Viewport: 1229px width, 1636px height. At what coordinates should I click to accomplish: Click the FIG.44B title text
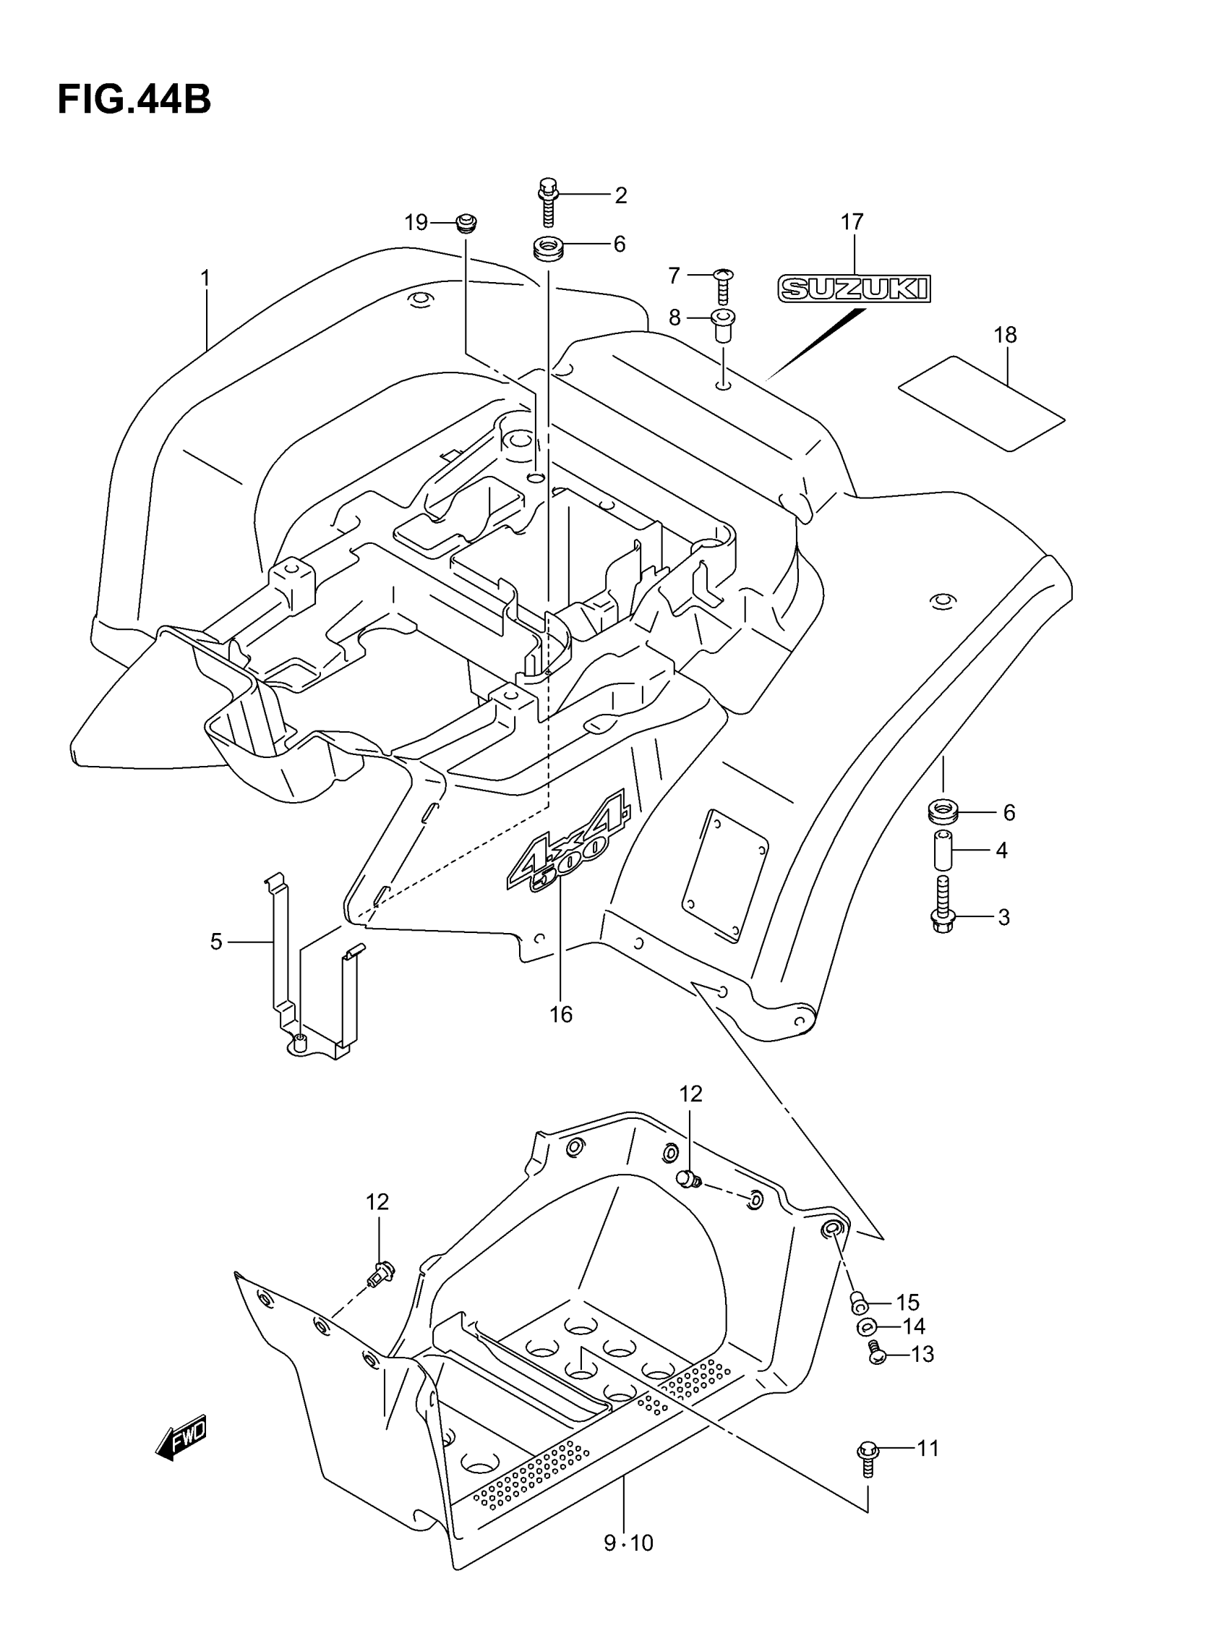pos(134,100)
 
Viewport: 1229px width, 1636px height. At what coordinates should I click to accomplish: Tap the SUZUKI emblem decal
pos(853,289)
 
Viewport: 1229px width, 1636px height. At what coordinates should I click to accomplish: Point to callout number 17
pos(852,221)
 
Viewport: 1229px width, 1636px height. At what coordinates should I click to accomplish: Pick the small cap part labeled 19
pos(465,222)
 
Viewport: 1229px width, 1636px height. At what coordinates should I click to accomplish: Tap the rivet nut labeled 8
pos(722,325)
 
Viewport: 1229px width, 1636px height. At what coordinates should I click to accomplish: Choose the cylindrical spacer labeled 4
pos(943,851)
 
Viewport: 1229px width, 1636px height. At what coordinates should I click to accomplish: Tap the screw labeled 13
pos(877,1354)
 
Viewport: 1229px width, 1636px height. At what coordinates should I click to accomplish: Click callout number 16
pos(560,1014)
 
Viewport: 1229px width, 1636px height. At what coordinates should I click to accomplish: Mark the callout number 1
pos(205,278)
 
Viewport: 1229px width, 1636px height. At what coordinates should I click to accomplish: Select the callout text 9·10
pos(628,1543)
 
